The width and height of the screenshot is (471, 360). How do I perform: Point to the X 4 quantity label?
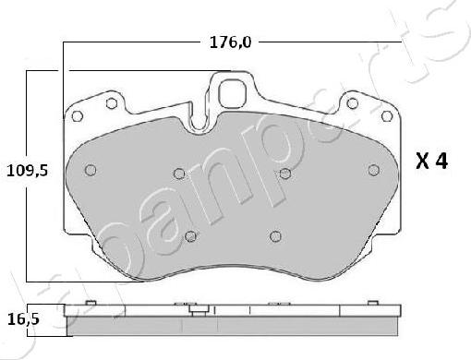(431, 162)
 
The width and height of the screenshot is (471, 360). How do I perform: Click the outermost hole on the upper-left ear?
(78, 115)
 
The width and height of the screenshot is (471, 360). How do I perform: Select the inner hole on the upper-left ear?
(112, 102)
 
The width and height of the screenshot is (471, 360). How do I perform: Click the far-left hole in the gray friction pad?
(91, 170)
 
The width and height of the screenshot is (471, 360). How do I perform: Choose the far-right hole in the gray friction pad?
(373, 170)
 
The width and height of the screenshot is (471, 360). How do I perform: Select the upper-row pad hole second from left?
(179, 173)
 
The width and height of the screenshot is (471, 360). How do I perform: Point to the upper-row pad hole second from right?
(285, 173)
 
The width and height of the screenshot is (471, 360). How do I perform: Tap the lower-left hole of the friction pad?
(190, 235)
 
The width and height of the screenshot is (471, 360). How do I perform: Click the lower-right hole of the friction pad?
(273, 235)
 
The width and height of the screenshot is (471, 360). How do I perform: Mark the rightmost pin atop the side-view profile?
(373, 304)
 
